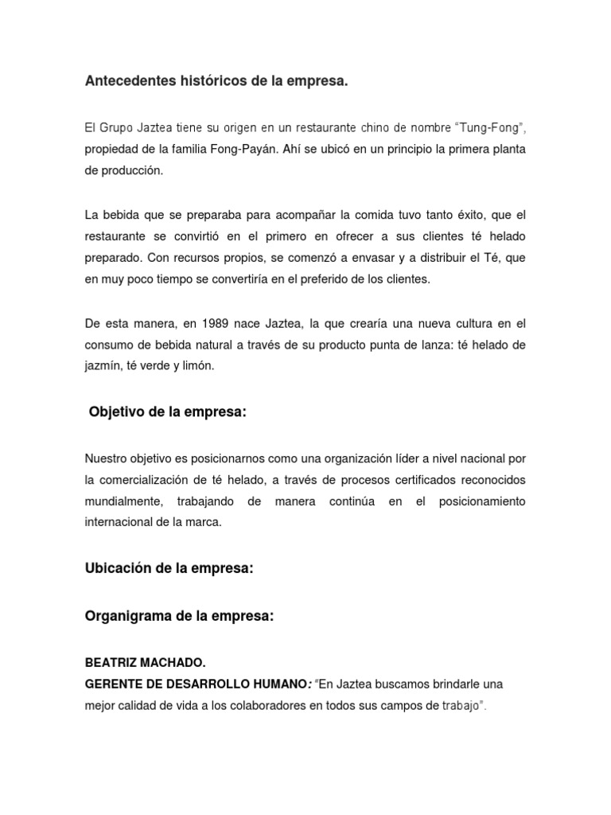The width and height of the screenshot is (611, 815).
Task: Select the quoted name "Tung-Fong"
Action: [x=491, y=128]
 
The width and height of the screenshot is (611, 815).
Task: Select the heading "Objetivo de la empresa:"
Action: [x=168, y=412]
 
